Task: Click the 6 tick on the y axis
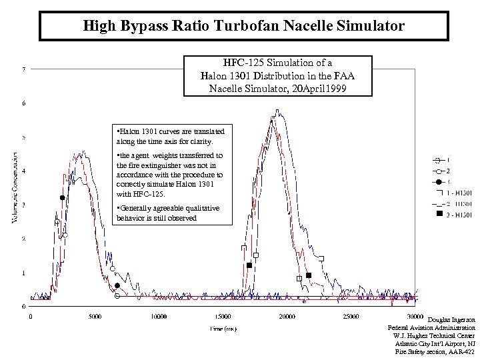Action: [x=25, y=103]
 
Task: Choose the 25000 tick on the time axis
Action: [x=351, y=317]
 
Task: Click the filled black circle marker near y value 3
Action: [x=62, y=197]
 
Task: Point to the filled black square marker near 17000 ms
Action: [x=249, y=265]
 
